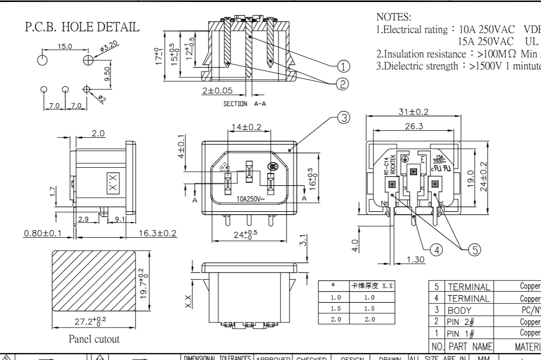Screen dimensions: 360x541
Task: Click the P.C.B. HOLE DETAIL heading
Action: [82, 27]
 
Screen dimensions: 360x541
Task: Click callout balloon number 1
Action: [343, 66]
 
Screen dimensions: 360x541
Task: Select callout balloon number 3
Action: [343, 118]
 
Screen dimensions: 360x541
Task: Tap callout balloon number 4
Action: [436, 250]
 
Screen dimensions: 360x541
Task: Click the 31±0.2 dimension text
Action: [413, 112]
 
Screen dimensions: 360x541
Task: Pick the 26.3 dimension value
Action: [414, 126]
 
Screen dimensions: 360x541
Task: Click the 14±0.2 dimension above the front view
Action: [245, 127]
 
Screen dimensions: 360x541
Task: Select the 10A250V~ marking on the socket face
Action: [251, 199]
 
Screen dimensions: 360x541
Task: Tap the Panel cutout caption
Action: [94, 339]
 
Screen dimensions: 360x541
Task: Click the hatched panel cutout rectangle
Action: [94, 282]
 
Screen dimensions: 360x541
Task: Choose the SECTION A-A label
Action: [245, 104]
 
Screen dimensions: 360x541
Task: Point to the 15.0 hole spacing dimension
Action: [64, 46]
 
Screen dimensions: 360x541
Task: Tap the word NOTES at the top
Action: [394, 17]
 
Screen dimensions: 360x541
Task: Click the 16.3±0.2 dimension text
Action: [157, 233]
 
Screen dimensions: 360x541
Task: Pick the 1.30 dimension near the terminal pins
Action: [416, 259]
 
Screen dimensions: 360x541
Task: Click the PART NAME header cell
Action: [470, 346]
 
